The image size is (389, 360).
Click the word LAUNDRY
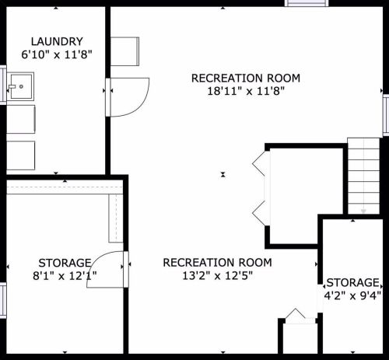pyautogui.click(x=57, y=41)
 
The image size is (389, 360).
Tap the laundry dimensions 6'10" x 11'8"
pyautogui.click(x=57, y=54)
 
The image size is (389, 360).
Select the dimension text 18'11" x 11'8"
pyautogui.click(x=246, y=91)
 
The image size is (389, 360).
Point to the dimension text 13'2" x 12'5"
pyautogui.click(x=217, y=275)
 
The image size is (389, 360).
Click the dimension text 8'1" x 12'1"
pyautogui.click(x=65, y=276)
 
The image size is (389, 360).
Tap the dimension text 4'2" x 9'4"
pyautogui.click(x=352, y=295)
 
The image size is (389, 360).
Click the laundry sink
pyautogui.click(x=20, y=86)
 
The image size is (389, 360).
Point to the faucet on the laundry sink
pyautogui.click(x=12, y=86)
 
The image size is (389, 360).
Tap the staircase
pyautogui.click(x=363, y=176)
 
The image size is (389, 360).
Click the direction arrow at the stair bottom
pyautogui.click(x=363, y=211)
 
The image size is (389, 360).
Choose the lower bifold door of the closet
pyautogui.click(x=259, y=213)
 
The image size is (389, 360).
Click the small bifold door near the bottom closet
pyautogui.click(x=296, y=313)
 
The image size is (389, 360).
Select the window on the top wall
pyautogui.click(x=307, y=3)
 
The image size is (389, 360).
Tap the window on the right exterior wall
pyautogui.click(x=386, y=115)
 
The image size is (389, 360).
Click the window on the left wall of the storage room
pyautogui.click(x=3, y=300)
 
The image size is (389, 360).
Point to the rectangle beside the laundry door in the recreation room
pyautogui.click(x=124, y=51)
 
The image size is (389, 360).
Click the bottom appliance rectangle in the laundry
pyautogui.click(x=21, y=156)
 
